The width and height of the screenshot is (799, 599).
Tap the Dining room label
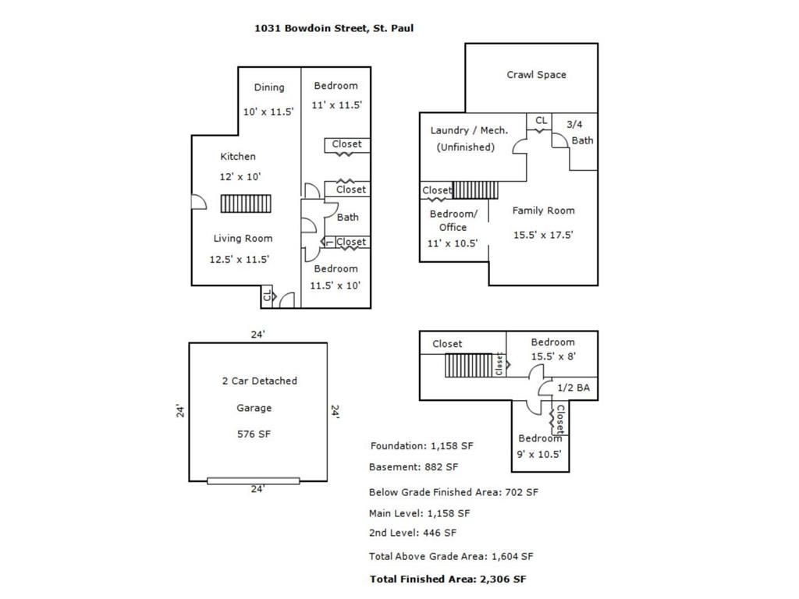click(269, 87)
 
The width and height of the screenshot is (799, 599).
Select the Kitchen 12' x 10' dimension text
click(240, 177)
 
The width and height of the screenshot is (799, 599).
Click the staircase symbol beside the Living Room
click(246, 204)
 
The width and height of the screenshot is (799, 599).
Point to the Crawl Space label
click(536, 75)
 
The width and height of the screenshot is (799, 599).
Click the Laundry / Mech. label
click(469, 130)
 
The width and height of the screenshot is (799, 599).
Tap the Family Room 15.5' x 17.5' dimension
click(543, 235)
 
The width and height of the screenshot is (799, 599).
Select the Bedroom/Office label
click(453, 221)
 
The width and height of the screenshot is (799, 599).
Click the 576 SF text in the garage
click(254, 434)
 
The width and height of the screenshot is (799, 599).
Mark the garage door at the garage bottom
click(254, 480)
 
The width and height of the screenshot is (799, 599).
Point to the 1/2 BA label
click(574, 388)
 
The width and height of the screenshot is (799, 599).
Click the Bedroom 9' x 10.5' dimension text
click(539, 455)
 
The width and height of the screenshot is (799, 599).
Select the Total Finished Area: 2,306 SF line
click(448, 580)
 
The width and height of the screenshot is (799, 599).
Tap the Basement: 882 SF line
click(414, 466)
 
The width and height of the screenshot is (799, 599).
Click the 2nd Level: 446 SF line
click(413, 533)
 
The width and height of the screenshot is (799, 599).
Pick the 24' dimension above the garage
click(257, 334)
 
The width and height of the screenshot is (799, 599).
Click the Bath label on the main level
click(347, 217)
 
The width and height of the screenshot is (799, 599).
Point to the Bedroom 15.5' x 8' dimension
click(553, 356)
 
